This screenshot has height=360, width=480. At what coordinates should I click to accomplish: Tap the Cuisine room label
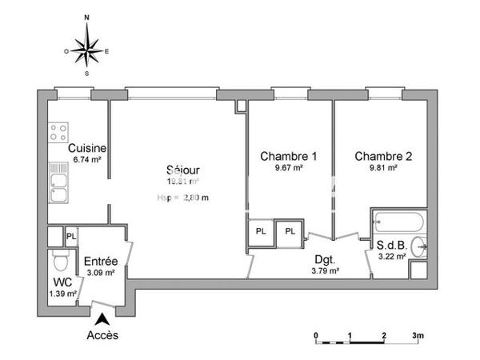87,149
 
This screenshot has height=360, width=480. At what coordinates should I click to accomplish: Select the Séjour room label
182,170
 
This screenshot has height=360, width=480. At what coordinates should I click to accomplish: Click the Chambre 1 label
288,157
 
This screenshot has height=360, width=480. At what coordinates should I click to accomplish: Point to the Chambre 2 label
383,157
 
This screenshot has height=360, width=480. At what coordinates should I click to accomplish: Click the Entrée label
101,262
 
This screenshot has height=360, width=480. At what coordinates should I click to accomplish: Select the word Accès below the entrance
102,336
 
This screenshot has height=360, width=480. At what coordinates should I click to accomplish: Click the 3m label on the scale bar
418,334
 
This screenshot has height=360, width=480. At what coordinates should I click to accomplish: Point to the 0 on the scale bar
316,334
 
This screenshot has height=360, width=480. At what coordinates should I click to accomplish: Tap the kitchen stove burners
57,132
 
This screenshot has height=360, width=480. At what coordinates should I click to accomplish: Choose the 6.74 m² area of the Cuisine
87,160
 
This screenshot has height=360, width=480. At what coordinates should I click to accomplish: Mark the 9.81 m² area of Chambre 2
382,169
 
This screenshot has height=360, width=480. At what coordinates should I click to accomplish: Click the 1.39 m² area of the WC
63,294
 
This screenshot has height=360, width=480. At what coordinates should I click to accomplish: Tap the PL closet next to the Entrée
71,236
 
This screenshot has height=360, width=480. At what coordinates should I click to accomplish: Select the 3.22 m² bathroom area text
392,256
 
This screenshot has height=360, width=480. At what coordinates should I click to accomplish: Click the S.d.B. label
392,245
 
